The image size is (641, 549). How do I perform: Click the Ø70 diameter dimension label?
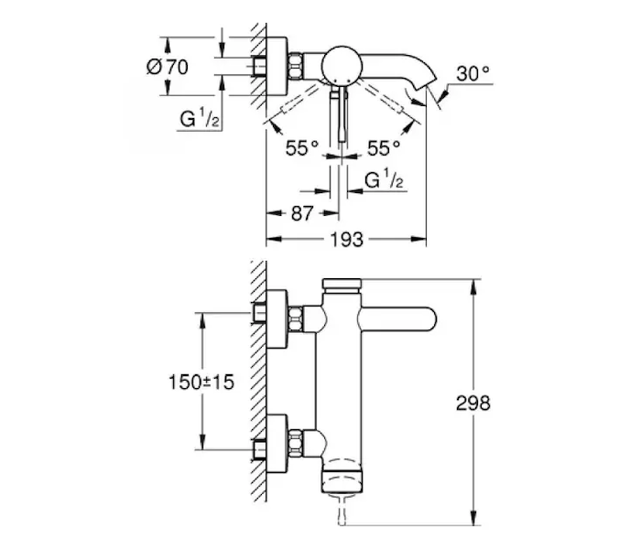coord(168,67)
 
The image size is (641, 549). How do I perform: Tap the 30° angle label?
coord(473,74)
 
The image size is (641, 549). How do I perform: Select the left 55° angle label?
coord(302,148)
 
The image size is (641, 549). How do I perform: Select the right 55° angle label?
coord(384,148)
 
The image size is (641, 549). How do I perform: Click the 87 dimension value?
coord(302,213)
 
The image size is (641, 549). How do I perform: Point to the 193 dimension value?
coord(347,240)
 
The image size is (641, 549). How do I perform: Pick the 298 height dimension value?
coord(473,404)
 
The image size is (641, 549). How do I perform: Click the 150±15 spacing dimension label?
coord(201,382)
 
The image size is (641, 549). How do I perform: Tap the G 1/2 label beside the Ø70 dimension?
coord(200,119)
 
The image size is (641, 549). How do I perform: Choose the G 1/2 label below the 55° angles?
coord(384,179)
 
